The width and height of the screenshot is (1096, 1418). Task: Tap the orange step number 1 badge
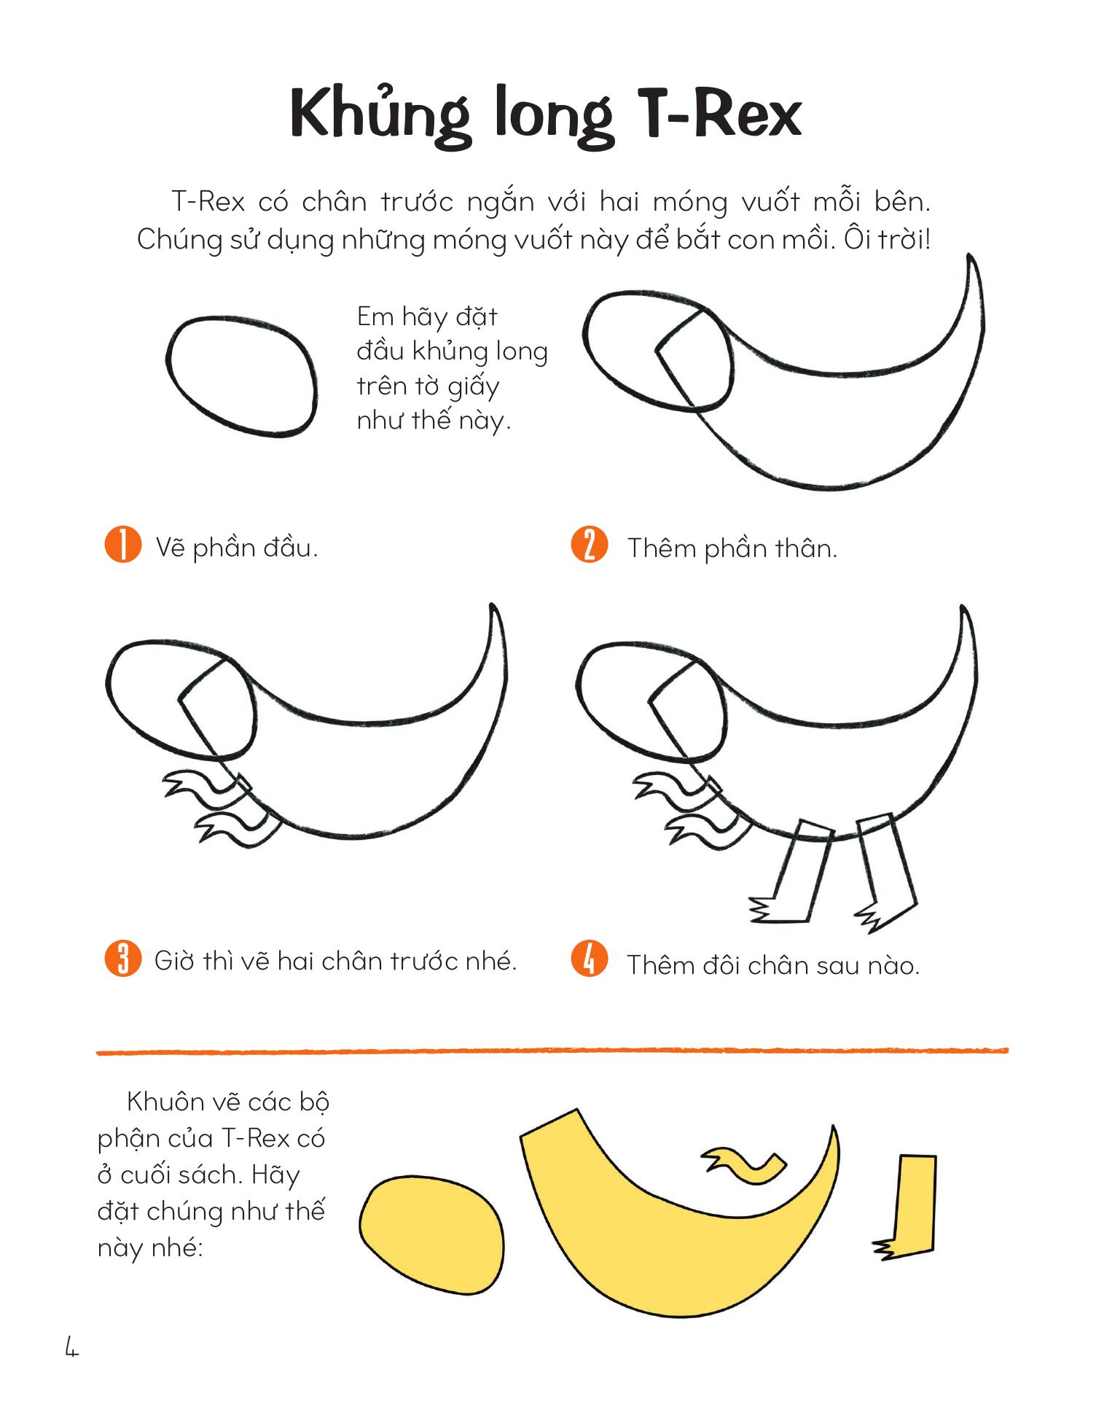122,545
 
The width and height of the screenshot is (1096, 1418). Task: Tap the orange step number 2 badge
590,545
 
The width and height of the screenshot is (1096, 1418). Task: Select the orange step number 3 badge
122,959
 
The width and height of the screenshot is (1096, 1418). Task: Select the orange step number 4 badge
590,959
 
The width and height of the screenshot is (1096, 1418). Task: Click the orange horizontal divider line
552,1051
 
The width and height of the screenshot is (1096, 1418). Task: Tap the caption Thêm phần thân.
732,548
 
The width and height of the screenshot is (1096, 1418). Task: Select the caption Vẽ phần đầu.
237,548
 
